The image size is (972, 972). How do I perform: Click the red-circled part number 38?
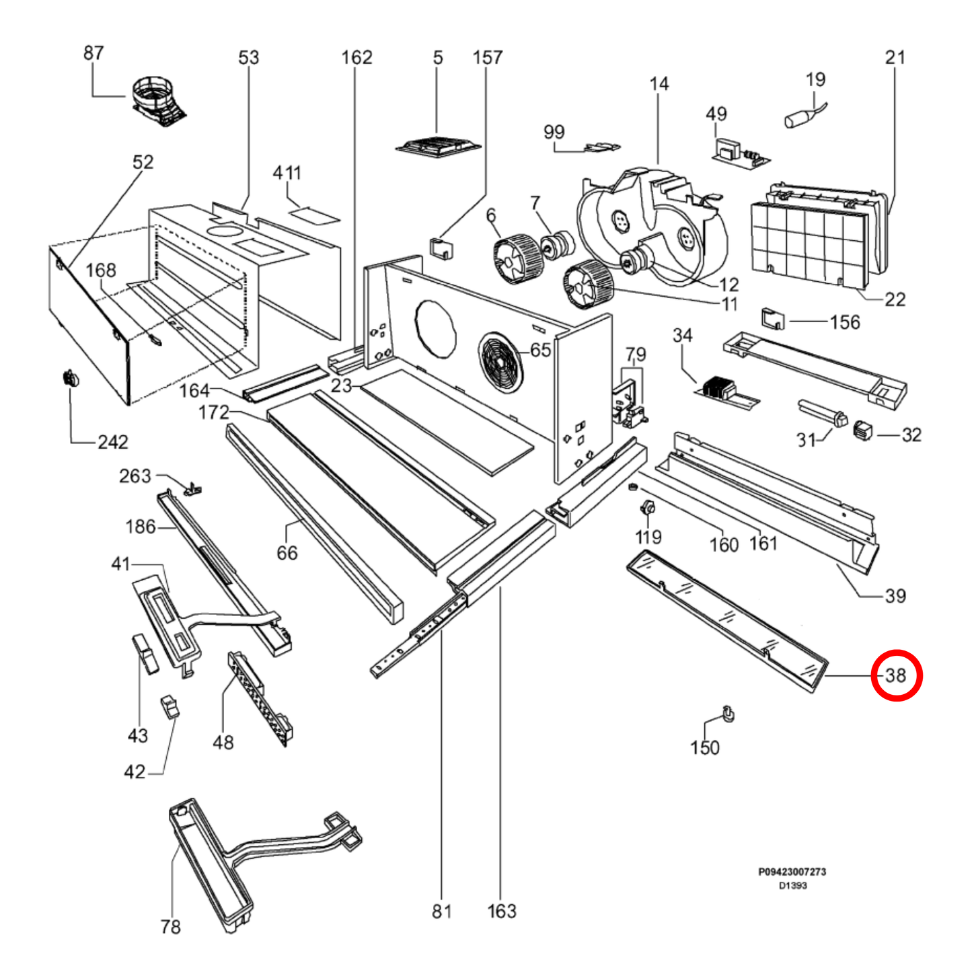896,675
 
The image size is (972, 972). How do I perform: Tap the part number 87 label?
94,53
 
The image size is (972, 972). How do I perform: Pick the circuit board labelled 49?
740,154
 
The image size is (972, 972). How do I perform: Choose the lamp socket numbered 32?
863,430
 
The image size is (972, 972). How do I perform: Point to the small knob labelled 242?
70,379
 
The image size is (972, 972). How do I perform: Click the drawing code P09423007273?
792,872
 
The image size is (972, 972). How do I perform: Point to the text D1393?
792,886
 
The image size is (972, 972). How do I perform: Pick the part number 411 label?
287,173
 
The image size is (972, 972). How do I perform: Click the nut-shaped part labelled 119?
648,508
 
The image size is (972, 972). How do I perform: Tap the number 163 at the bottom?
502,911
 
